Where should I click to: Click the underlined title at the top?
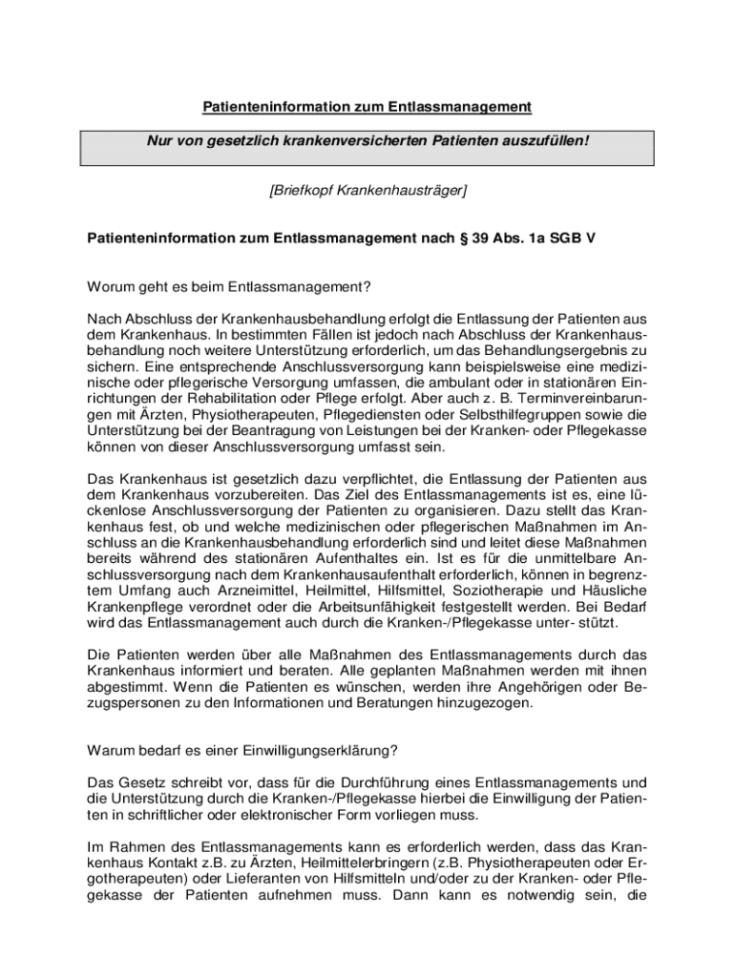click(x=367, y=107)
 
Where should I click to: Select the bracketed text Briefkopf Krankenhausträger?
click(x=367, y=191)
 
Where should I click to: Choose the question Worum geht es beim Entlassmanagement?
click(x=229, y=286)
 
